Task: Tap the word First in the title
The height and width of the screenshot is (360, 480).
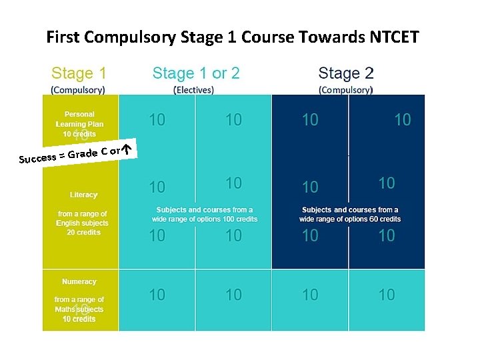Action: coord(62,37)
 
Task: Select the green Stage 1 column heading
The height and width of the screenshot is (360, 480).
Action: coord(79,73)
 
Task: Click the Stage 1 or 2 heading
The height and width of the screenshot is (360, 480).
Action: coord(196,73)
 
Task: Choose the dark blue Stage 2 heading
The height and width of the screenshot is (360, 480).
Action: coord(345,73)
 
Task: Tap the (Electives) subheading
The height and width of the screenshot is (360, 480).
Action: coord(193,89)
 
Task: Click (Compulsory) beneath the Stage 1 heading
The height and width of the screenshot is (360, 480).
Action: coord(78,89)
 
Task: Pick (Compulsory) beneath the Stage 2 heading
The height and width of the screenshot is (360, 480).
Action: coord(345,89)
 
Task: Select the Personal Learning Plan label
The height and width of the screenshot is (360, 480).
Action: coord(79,119)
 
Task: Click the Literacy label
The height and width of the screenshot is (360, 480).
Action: coord(83,195)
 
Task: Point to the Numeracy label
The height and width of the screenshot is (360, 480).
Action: coord(79,282)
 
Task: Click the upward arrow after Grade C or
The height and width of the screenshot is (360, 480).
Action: coord(129,148)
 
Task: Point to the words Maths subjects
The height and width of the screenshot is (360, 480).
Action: coord(79,309)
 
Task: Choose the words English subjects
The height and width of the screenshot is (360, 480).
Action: coord(81,223)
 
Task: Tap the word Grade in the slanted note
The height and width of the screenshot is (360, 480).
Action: coord(83,153)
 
